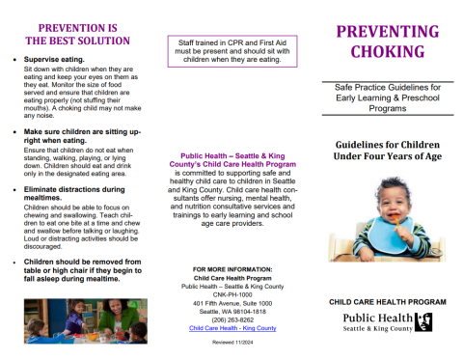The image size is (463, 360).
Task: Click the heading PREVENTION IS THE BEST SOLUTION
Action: click(x=76, y=34)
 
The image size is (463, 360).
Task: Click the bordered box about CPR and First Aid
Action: click(x=232, y=49)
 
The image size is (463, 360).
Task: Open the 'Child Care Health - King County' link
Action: click(x=231, y=329)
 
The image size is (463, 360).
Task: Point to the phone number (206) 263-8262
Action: click(x=231, y=320)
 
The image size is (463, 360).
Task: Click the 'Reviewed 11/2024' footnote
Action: click(x=231, y=342)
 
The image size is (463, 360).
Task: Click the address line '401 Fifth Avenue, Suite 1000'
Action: click(x=231, y=303)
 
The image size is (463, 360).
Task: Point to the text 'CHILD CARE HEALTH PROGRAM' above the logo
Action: click(x=382, y=302)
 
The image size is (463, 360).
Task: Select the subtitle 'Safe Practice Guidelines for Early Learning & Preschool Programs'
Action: click(x=382, y=101)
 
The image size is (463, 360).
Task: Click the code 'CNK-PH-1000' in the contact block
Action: click(x=231, y=294)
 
